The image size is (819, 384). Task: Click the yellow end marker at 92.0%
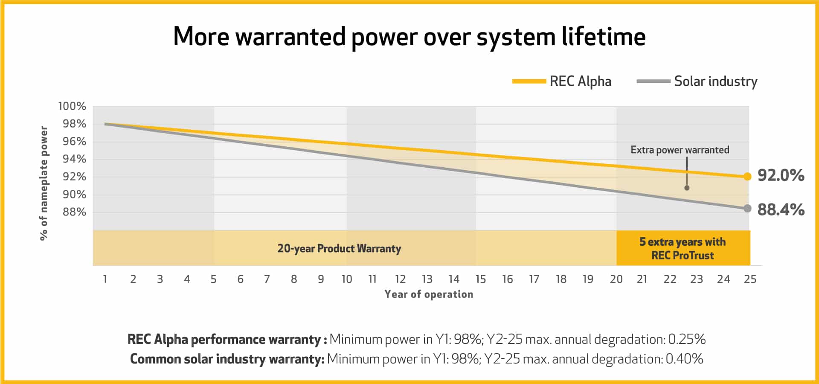click(747, 177)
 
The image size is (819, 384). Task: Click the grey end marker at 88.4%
click(747, 208)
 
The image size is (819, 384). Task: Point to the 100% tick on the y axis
click(72, 106)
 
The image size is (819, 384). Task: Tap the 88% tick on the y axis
click(74, 212)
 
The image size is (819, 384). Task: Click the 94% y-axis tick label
click(74, 159)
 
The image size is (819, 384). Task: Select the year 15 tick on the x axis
click(481, 279)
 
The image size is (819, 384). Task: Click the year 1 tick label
click(105, 279)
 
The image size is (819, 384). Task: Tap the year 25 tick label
click(750, 279)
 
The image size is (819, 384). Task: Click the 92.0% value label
click(781, 175)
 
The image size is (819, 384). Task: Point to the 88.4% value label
click(781, 209)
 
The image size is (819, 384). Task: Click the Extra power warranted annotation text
click(680, 150)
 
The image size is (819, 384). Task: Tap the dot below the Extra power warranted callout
click(687, 188)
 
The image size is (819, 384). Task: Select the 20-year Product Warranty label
click(339, 248)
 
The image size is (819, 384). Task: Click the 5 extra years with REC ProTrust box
click(682, 248)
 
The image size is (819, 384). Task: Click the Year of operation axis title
click(429, 294)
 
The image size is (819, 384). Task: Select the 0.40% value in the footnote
click(684, 359)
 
